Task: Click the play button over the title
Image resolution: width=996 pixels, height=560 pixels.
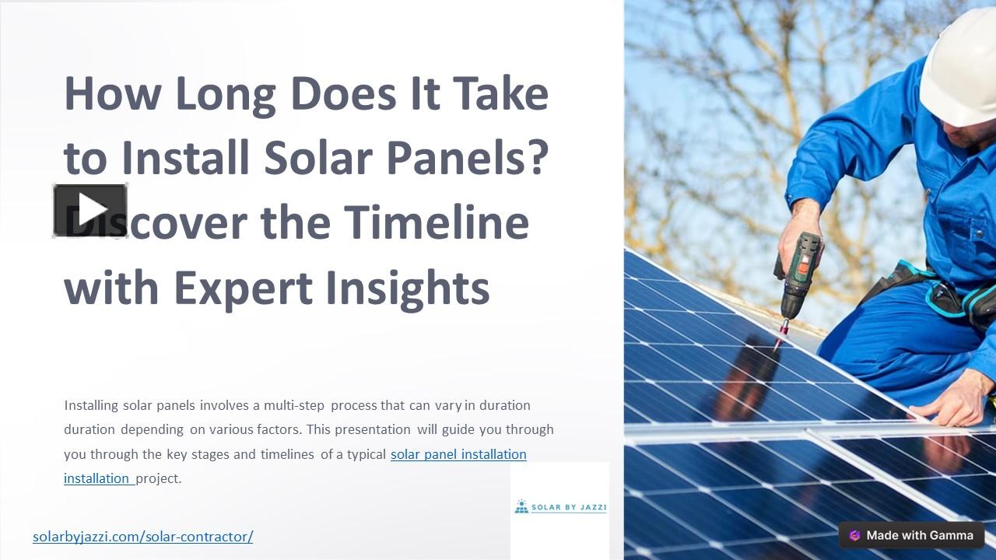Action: point(90,210)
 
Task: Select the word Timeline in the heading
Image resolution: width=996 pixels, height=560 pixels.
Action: point(437,222)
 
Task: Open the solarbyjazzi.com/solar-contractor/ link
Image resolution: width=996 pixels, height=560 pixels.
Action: point(142,536)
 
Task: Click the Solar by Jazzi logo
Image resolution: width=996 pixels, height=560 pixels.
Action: point(560,507)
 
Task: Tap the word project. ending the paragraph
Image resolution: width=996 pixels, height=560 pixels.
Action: point(159,478)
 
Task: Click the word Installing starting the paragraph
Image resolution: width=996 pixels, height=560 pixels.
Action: point(91,405)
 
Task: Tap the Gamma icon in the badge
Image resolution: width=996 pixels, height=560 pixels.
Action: point(854,535)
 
